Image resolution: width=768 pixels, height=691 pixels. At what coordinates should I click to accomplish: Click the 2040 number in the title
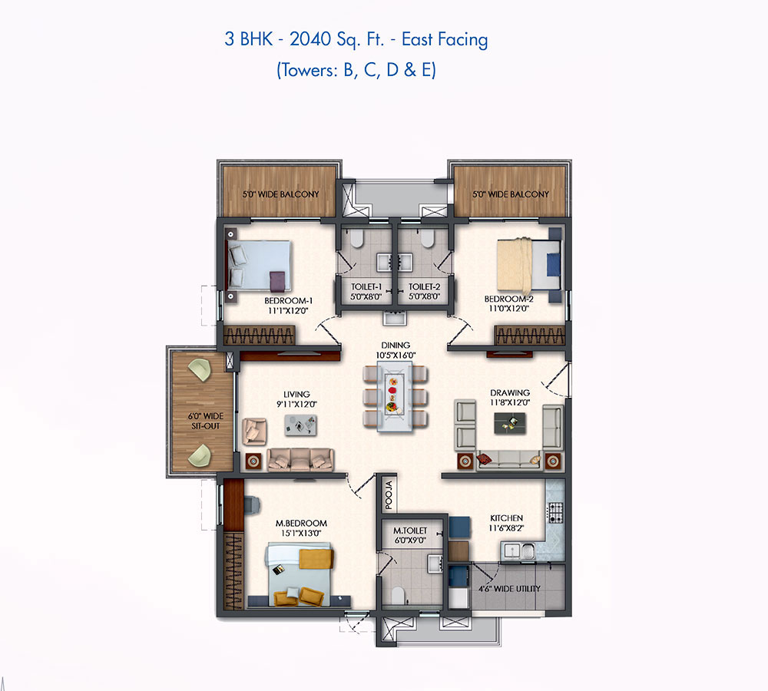310,39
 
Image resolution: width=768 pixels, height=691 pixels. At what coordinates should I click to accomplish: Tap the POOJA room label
389,494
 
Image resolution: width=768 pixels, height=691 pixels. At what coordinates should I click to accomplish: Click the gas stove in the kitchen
555,513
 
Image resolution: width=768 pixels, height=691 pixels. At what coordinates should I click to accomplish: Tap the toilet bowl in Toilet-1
357,239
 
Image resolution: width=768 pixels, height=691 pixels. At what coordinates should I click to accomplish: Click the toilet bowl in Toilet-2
428,239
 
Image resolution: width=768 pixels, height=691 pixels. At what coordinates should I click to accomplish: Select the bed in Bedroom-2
528,264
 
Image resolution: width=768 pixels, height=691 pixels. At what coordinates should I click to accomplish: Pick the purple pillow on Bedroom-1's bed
276,282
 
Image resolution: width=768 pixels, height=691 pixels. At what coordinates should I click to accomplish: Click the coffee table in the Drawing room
510,423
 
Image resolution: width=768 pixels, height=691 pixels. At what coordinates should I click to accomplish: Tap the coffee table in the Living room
300,425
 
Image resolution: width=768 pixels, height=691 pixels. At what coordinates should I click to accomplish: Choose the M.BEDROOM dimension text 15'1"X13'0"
301,534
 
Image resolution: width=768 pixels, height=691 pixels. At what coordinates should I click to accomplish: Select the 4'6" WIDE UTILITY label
509,589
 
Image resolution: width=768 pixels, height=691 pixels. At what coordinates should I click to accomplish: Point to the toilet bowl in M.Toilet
398,595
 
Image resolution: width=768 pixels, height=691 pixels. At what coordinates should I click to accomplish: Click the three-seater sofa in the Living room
301,460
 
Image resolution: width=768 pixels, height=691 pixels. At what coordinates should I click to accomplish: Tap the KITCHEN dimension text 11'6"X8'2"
506,528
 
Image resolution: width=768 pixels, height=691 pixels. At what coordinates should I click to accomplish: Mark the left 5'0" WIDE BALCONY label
280,194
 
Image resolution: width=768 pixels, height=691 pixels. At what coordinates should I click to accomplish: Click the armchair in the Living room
255,431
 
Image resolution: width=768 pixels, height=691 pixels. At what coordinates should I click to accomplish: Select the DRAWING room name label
510,393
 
